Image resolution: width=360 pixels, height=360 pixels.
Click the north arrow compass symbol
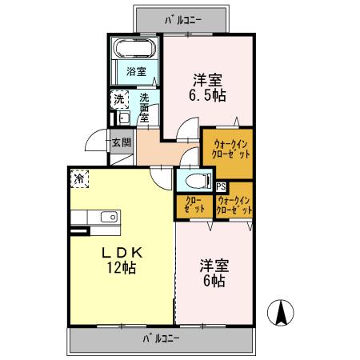coord(282,312)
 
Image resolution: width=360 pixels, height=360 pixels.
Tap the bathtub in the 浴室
coord(135,49)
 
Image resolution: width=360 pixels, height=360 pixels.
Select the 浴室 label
coord(136,72)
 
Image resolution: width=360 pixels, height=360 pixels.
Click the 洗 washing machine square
coord(119,100)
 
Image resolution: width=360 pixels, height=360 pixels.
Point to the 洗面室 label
coord(145,106)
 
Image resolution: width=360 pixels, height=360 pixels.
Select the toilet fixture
coord(198,178)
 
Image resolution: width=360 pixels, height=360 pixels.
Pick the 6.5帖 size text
coord(208,95)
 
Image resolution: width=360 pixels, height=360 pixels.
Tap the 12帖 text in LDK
coord(121,267)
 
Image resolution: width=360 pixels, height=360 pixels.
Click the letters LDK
coord(120,251)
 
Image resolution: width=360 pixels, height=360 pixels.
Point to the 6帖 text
coord(212,282)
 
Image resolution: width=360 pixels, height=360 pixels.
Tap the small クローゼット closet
coord(194,205)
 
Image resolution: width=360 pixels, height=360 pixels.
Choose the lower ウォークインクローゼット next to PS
coord(234,204)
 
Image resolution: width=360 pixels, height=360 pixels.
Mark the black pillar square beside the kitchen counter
coord(78,231)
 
